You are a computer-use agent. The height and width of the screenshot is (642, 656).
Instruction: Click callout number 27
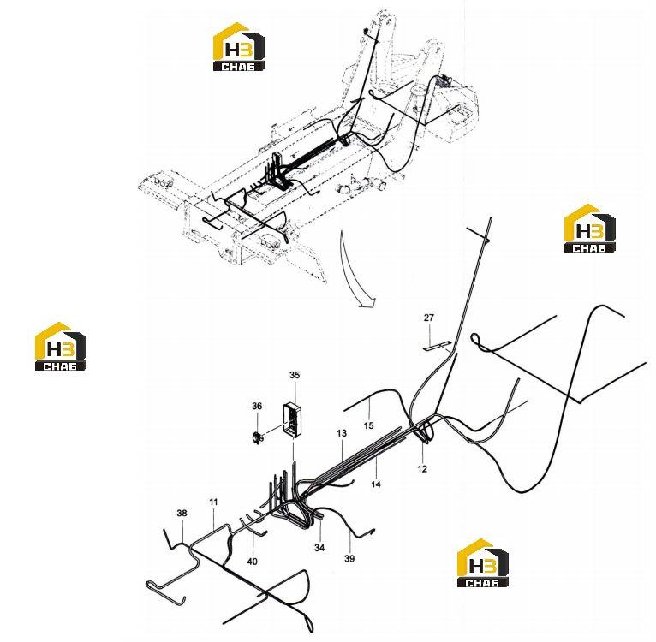point(429,318)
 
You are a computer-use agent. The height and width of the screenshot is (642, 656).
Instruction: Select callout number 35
point(295,375)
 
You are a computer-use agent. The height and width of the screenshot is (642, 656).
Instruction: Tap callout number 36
point(257,406)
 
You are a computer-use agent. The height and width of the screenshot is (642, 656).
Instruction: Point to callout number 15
point(368,425)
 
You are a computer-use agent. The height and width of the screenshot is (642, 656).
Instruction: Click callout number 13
point(342,433)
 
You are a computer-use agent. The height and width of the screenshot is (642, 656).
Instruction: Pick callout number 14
point(376,484)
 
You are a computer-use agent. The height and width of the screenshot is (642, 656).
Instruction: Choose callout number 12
point(422,469)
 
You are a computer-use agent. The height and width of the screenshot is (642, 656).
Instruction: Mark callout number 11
point(213,502)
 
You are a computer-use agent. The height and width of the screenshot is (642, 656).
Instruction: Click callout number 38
point(182,514)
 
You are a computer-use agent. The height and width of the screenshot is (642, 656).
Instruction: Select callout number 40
point(253,562)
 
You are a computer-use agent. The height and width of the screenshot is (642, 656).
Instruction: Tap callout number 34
point(319,548)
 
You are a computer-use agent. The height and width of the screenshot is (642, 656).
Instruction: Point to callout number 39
point(349,558)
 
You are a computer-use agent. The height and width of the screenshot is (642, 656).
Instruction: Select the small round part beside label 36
point(257,438)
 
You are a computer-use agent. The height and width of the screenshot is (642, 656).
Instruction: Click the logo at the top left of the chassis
point(238,46)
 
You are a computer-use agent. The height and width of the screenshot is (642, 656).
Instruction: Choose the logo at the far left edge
point(61,347)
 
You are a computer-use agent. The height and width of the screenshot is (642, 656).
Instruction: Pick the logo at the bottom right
point(483,562)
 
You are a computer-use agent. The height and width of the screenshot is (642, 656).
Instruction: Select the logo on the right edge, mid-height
point(590,229)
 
